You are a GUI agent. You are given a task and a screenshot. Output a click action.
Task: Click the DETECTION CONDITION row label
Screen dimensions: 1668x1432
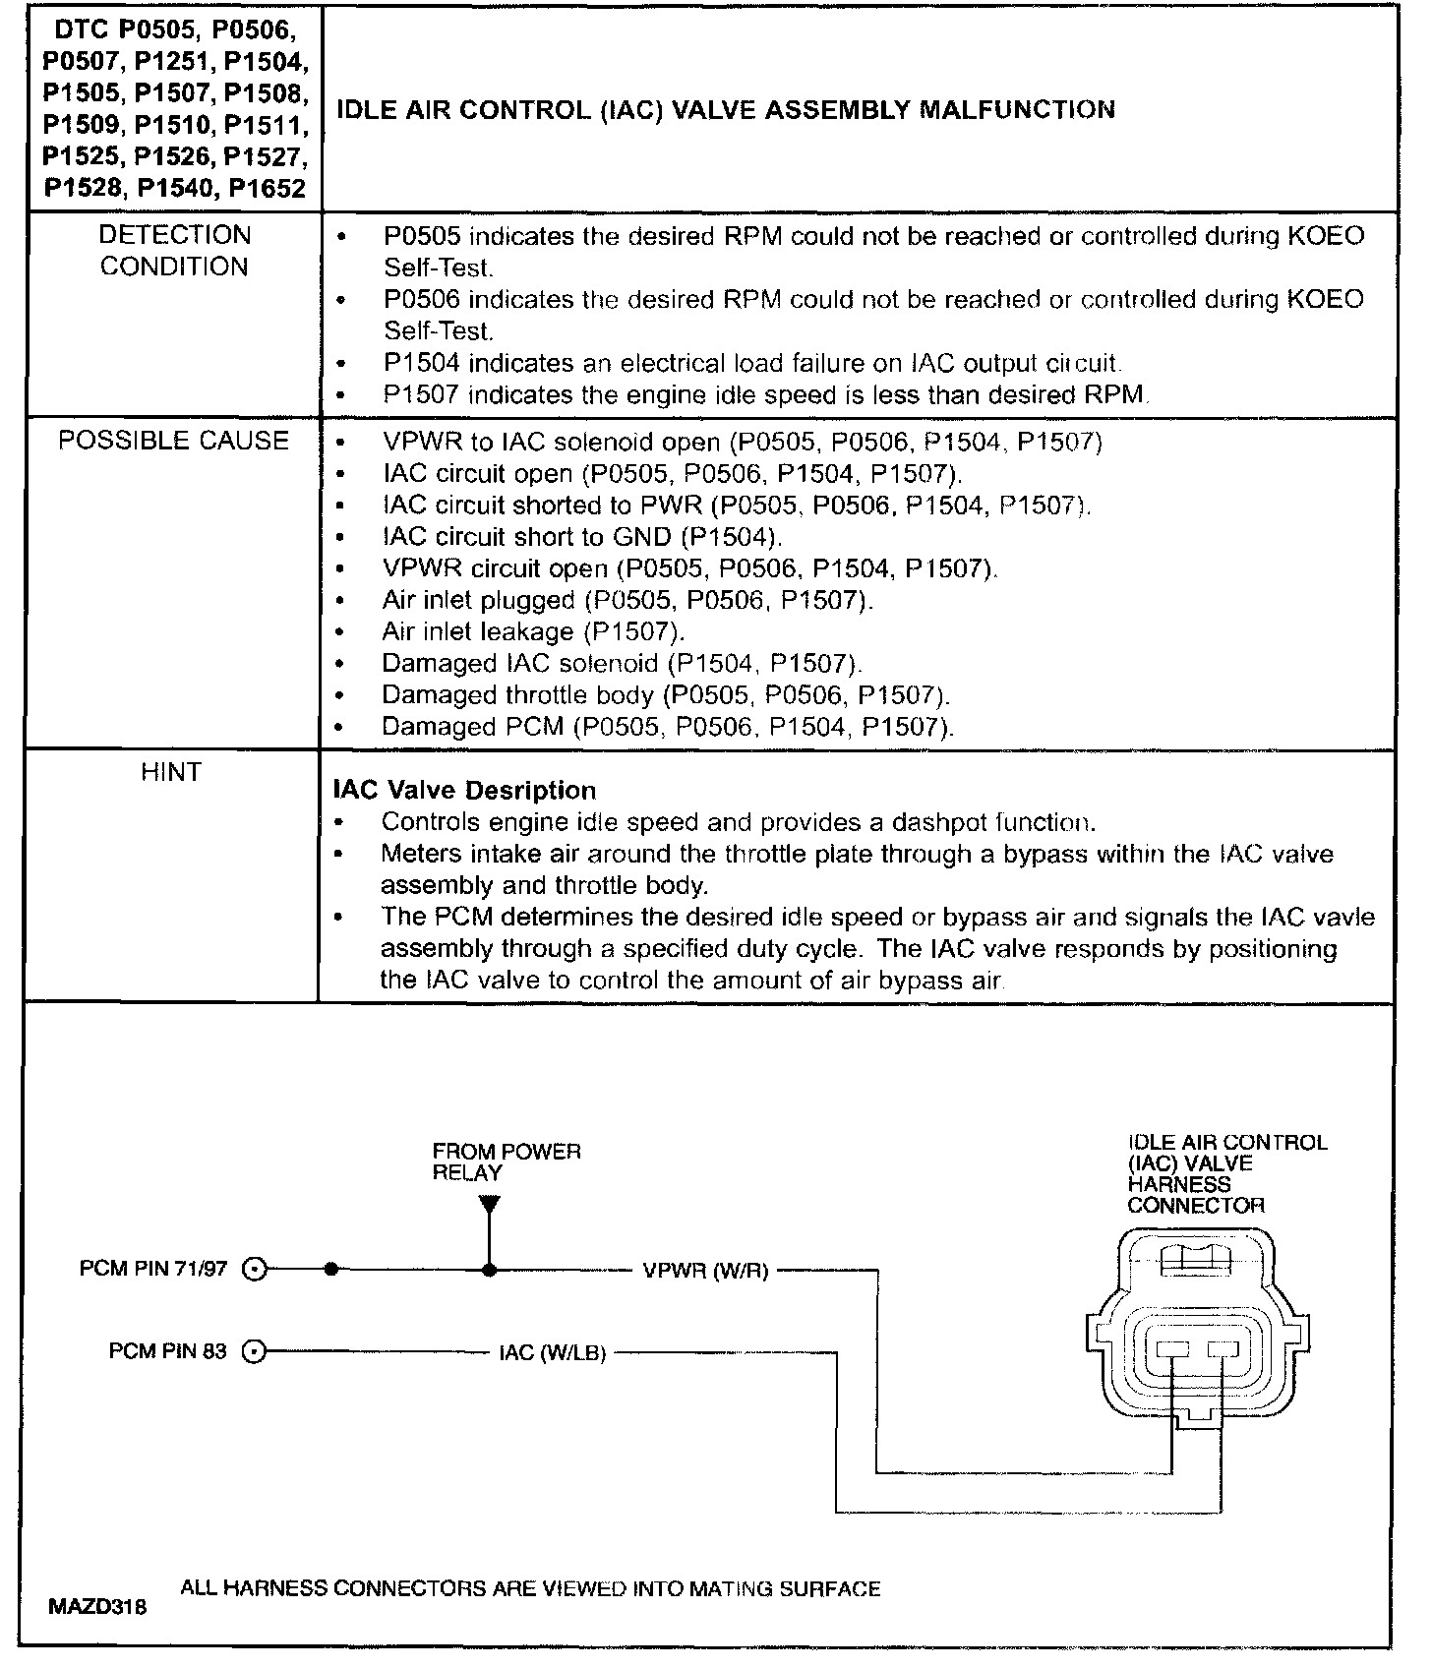(x=174, y=251)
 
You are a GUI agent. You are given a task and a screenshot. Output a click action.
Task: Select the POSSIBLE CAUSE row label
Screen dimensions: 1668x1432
(x=174, y=441)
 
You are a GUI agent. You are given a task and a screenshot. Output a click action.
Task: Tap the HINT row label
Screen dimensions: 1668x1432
(x=171, y=772)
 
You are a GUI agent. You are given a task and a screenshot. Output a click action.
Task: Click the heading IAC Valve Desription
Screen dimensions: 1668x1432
(x=464, y=791)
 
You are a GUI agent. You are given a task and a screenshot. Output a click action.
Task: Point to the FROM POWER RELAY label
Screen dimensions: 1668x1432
(x=506, y=1162)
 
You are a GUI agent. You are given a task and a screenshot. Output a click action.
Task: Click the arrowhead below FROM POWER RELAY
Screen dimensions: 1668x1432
(x=490, y=1205)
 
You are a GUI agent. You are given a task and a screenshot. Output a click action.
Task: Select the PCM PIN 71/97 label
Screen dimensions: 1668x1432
(x=153, y=1269)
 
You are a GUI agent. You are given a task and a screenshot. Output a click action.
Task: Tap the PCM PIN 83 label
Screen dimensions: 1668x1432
(x=167, y=1351)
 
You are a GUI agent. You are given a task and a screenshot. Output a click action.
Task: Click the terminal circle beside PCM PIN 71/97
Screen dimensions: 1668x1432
(x=255, y=1270)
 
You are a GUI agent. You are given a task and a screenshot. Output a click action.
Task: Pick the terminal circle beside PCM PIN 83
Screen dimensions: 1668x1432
(x=255, y=1352)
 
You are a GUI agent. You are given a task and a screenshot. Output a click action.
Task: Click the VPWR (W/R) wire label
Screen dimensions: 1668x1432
(x=705, y=1270)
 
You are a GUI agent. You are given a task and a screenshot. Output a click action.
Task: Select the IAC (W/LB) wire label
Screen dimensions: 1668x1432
(x=552, y=1353)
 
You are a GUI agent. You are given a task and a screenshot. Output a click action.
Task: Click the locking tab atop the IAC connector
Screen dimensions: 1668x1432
(x=1195, y=1262)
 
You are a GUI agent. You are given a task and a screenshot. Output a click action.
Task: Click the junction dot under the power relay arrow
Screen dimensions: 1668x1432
(x=490, y=1270)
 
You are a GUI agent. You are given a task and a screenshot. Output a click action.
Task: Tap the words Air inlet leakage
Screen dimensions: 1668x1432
(x=477, y=631)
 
